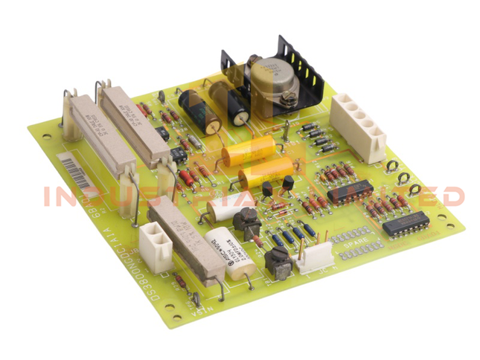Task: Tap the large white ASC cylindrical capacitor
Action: click(x=226, y=249)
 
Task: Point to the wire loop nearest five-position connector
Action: click(x=391, y=167)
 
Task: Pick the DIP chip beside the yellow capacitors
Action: click(x=349, y=192)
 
